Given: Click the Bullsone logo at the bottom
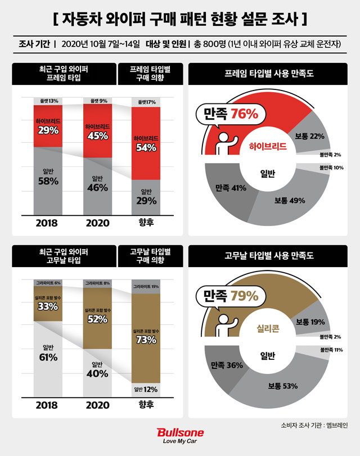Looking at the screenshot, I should tap(180, 436).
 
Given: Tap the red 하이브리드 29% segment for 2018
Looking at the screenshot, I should tap(48, 126).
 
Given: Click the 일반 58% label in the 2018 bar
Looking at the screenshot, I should tap(48, 177).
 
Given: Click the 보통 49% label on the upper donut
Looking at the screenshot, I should tap(290, 200).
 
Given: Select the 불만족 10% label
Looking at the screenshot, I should tap(330, 168).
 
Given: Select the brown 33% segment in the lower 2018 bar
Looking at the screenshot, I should tap(48, 304).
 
